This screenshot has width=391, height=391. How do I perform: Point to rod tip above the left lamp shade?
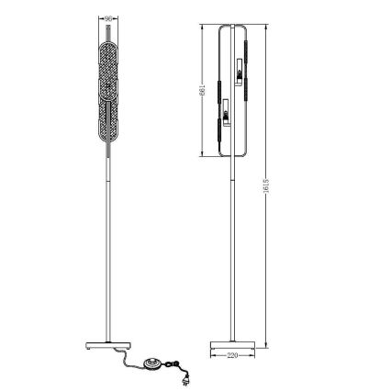(108, 28)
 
